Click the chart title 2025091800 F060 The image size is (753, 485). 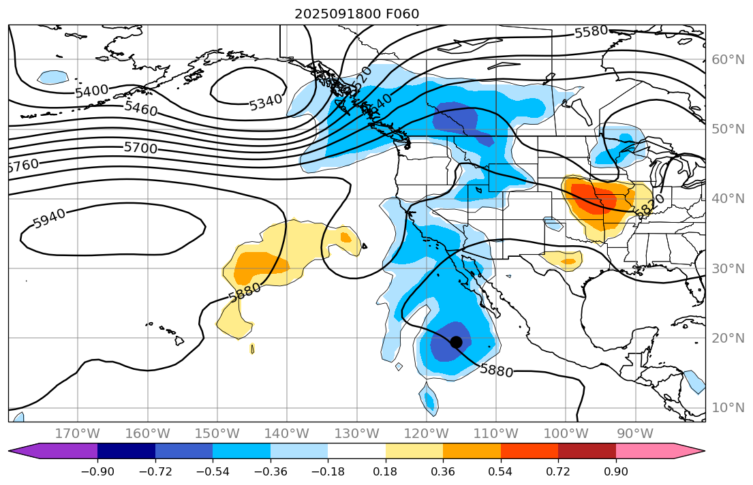coord(356,14)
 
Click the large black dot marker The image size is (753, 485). coord(457,342)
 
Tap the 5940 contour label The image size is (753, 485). coord(49,218)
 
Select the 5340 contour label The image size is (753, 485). coord(265,103)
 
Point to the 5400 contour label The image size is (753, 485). coord(91,91)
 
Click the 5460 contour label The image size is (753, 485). coord(141,108)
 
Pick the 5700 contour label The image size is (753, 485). coord(140,148)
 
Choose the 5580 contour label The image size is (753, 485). coord(591,32)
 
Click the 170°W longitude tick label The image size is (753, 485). coord(78,434)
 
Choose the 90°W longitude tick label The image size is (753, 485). coord(635,434)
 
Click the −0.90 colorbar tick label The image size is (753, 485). coord(97,471)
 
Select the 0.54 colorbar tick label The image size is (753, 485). coord(501,471)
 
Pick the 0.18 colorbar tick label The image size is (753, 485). coord(386,471)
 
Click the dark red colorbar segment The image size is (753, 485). coord(587,451)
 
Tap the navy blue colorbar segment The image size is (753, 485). coord(126,451)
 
